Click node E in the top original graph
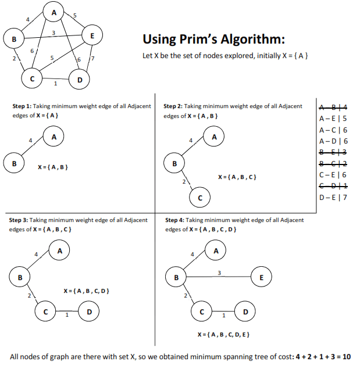[x=92, y=35]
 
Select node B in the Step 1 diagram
[x=14, y=162]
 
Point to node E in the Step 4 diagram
[x=261, y=277]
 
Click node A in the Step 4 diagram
[x=216, y=251]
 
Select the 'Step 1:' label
[x=22, y=106]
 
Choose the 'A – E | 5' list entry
[x=333, y=119]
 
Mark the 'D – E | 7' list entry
[x=333, y=197]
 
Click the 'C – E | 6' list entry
[x=333, y=174]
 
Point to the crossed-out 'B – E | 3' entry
[x=333, y=152]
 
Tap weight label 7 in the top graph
[x=92, y=60]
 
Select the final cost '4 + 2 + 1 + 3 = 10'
[x=323, y=356]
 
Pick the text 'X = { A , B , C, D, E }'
[x=223, y=335]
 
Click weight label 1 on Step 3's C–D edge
[x=67, y=316]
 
